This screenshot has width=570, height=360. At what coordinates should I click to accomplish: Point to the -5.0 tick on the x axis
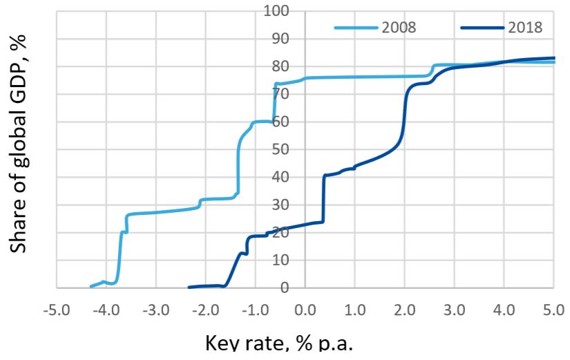[x=57, y=307]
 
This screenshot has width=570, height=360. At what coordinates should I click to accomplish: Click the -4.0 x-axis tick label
[x=106, y=307]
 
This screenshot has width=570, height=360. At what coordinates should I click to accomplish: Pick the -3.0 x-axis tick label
[x=156, y=307]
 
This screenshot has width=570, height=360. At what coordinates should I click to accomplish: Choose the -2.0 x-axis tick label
[x=206, y=307]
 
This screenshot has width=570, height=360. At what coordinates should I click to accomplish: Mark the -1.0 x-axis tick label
[x=256, y=307]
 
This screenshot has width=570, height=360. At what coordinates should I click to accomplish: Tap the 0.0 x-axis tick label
[x=305, y=307]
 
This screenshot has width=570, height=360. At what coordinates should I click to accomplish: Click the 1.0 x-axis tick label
[x=354, y=307]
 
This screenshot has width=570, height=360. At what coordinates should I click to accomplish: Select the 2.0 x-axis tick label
[x=404, y=307]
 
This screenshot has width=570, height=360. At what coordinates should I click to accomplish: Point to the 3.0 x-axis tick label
[x=454, y=307]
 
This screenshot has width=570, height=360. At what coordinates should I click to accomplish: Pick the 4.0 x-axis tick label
[x=504, y=307]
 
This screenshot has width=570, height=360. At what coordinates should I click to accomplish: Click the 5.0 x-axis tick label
[x=553, y=307]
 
